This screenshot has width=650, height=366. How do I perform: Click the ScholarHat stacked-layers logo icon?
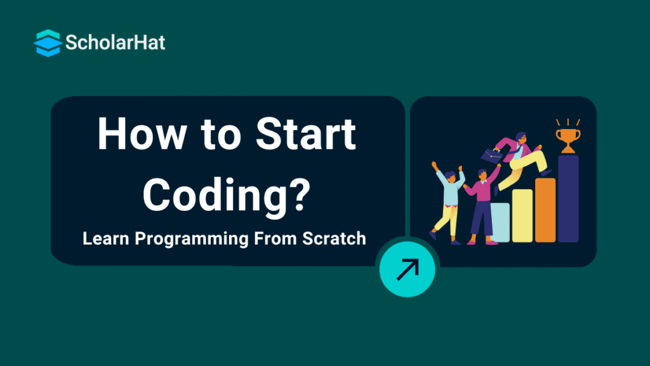point(48,43)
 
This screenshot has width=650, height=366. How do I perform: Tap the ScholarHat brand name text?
point(116,43)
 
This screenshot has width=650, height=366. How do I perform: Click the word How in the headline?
point(142,134)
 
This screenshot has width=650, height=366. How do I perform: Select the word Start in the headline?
point(306,134)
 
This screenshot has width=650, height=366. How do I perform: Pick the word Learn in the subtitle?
point(106,239)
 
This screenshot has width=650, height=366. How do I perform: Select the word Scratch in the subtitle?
point(334,239)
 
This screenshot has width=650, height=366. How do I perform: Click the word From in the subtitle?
point(275,239)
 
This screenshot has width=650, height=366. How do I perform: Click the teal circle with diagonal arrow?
point(407,269)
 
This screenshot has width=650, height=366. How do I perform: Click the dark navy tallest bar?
point(568,199)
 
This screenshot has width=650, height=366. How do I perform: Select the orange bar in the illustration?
point(545,210)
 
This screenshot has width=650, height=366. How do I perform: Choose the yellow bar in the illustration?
point(522,216)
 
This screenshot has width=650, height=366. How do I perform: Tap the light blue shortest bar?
point(501,222)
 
